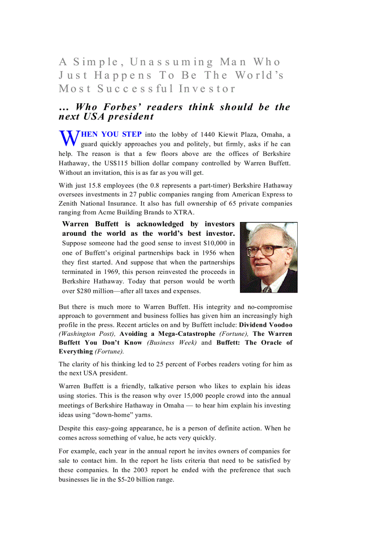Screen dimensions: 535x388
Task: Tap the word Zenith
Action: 69,203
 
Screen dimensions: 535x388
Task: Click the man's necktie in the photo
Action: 268,289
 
